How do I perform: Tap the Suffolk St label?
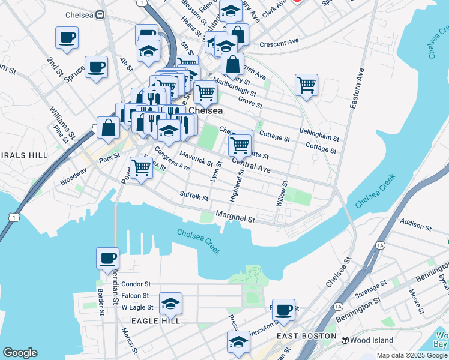coord(194,196)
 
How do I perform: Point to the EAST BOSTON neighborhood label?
coord(306,336)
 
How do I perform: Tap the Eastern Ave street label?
coord(358,88)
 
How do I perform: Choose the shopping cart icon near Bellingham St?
coord(306,85)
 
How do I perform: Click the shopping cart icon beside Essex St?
coord(141,167)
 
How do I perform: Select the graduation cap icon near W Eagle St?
coord(170,304)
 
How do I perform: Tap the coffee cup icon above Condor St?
coord(108,258)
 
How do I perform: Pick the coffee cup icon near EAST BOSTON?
coord(283,310)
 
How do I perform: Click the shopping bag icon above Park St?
coord(108,128)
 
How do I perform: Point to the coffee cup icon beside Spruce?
coord(96,67)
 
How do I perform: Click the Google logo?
coord(19,353)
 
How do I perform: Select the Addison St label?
coord(416,226)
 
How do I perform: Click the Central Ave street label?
coord(250,166)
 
